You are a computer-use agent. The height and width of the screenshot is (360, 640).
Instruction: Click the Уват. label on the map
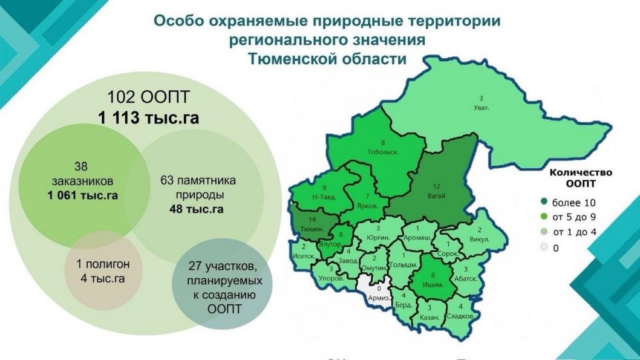(481, 108)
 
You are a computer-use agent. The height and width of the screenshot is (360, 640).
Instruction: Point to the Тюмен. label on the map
(313, 229)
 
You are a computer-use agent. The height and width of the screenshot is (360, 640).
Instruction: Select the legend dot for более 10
(544, 201)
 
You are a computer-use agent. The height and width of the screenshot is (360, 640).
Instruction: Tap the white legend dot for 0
(544, 247)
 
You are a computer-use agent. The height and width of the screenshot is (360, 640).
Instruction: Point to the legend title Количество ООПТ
(581, 178)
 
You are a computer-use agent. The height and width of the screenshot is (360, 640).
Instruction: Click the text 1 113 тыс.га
(149, 117)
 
